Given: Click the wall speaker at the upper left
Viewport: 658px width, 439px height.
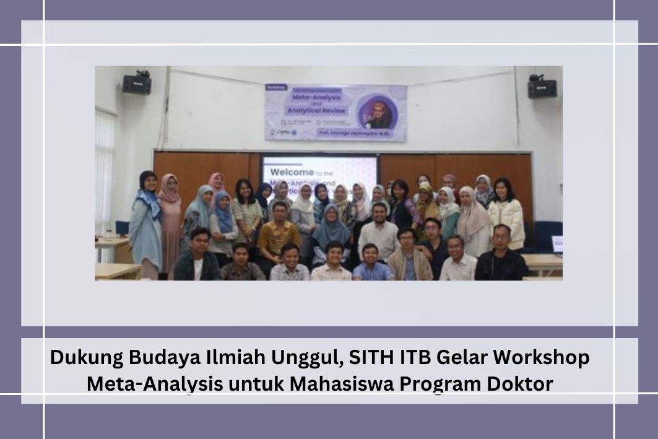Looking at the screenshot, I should pos(137,84).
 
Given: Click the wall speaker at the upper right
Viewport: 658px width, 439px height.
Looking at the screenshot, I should pos(542,89).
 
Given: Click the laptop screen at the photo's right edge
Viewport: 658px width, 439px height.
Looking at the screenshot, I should pos(557,244).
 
